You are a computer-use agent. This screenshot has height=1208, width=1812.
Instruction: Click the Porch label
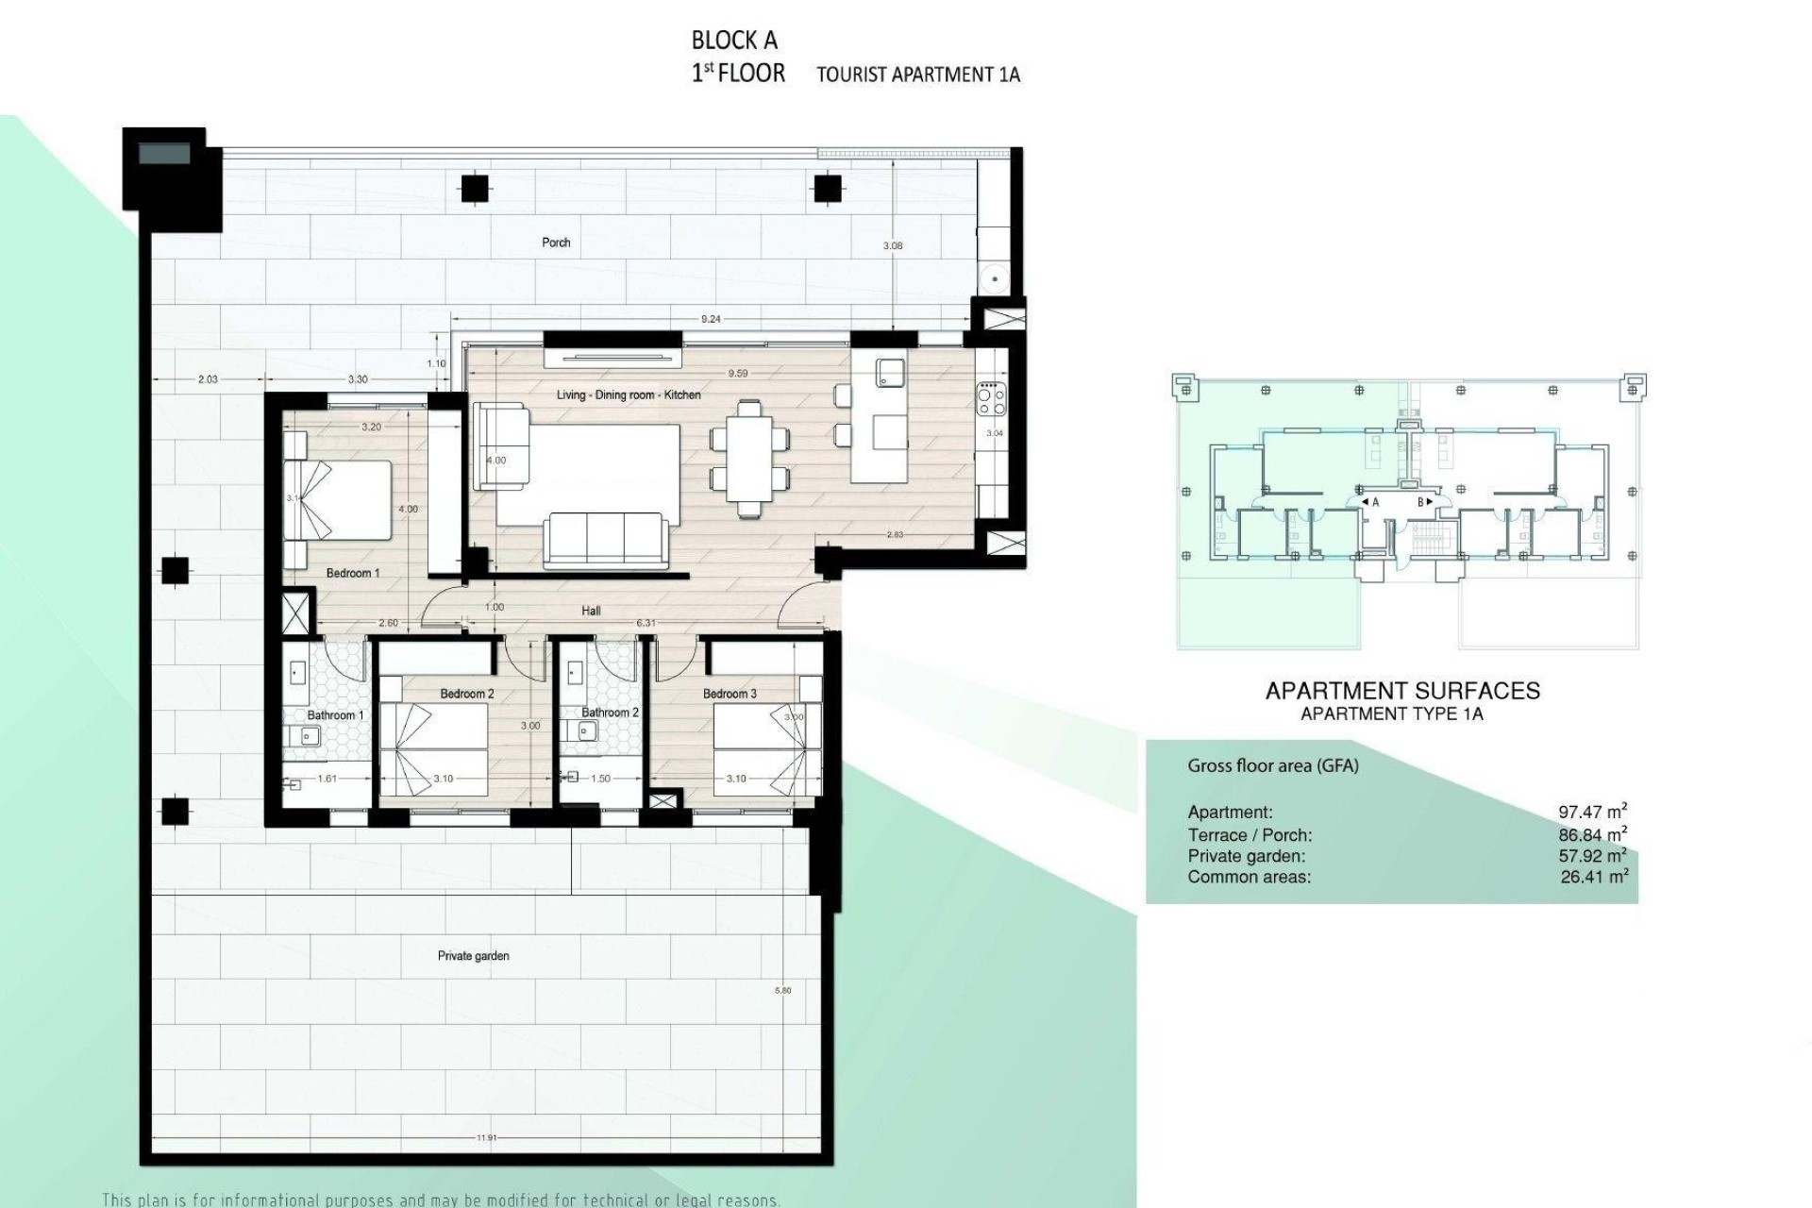pos(556,243)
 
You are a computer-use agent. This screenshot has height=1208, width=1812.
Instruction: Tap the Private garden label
pos(473,956)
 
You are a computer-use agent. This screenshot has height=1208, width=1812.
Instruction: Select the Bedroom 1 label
pos(352,573)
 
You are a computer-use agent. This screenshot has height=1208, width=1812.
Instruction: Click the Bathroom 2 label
pos(610,713)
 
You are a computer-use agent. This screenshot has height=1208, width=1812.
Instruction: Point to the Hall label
pos(591,611)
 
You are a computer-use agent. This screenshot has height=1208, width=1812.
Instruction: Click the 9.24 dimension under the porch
pos(711,319)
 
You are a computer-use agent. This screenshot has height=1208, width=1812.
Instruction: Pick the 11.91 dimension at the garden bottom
pos(486,1138)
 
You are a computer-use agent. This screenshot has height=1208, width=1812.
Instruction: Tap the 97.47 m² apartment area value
pos(1592,812)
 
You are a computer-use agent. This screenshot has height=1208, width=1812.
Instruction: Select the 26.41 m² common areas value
pos(1594,877)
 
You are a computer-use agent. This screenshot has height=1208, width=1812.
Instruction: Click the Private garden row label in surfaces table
pos(1246,856)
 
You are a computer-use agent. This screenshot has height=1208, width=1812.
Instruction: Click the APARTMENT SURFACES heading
pos(1402,691)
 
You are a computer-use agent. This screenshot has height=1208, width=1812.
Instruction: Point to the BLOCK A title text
pos(734,41)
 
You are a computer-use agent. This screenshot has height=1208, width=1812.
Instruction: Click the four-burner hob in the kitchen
pos(992,399)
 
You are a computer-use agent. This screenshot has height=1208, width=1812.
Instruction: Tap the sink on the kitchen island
pos(890,372)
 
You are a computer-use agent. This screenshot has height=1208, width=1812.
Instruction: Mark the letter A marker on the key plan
pos(1375,503)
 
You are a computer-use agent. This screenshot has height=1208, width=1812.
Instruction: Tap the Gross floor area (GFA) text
pos(1272,766)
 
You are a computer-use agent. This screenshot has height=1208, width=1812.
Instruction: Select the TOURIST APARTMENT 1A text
pos(917,75)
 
